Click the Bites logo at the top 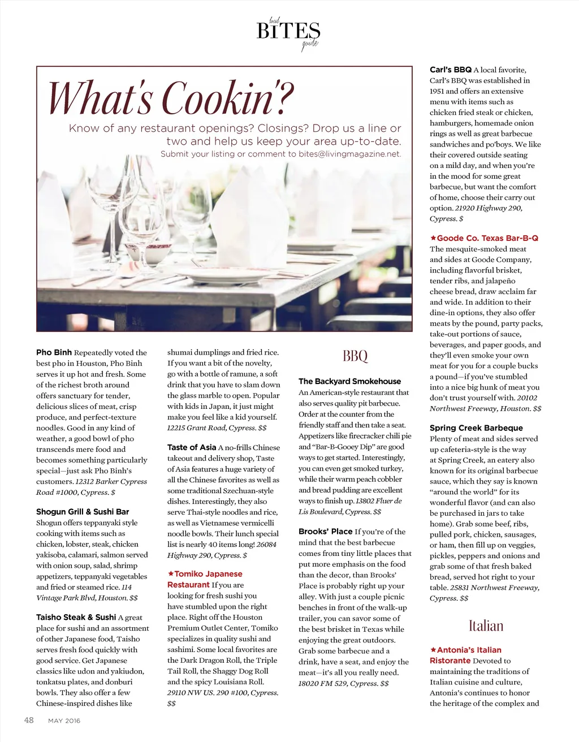pos(288,32)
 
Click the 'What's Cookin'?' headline pos(170,98)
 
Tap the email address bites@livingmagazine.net pos(349,154)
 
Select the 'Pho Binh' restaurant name pos(54,352)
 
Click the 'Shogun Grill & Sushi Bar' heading pos(83,511)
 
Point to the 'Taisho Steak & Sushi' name pos(76,617)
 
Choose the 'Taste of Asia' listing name pos(192,447)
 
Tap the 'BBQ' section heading pos(355,356)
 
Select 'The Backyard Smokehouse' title pos(349,381)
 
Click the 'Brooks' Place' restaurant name pos(326,531)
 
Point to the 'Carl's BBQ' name pos(451,70)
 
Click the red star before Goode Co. pos(433,238)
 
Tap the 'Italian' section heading pos(486,625)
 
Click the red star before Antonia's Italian pos(433,650)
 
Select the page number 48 pos(29,720)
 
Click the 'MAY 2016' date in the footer pos(64,721)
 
